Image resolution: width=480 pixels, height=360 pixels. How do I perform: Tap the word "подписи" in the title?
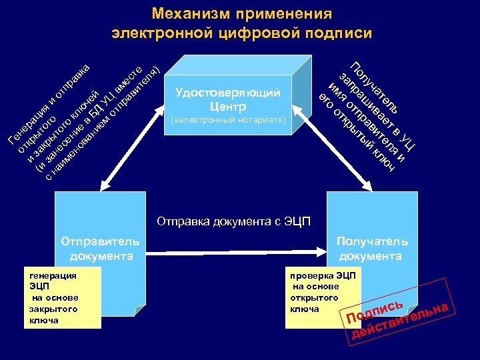click(x=338, y=33)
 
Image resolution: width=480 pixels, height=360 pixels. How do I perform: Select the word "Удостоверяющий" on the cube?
click(x=228, y=93)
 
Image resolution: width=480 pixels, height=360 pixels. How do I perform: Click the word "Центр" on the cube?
click(x=228, y=107)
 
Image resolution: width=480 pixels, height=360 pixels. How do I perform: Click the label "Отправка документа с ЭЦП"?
click(x=233, y=221)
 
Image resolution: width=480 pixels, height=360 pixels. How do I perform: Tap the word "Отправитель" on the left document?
click(x=100, y=241)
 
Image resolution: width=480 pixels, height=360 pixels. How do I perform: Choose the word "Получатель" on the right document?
click(x=372, y=241)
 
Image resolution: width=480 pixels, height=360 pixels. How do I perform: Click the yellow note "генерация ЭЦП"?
click(x=64, y=297)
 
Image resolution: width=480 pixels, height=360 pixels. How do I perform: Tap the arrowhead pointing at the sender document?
click(x=101, y=187)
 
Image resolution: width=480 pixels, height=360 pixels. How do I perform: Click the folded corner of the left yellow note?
click(x=138, y=310)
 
